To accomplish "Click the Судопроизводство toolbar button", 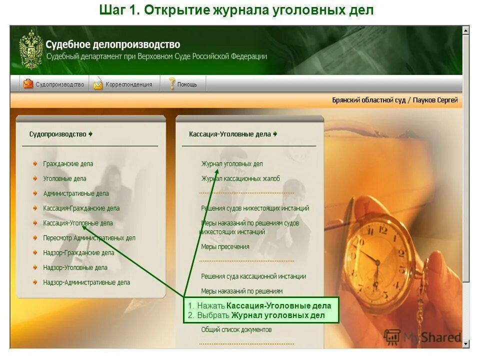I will click(x=54, y=84).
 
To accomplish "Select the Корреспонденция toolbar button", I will click(x=123, y=84).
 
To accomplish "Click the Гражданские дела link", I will click(x=68, y=164).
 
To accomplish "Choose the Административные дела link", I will click(x=75, y=193).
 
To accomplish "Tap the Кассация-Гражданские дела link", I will click(x=81, y=208).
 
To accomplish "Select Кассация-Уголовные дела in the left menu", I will click(x=77, y=223).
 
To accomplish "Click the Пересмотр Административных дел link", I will click(x=89, y=238).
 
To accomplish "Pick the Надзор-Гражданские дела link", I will click(x=78, y=253).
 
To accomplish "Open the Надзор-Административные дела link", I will click(x=86, y=282).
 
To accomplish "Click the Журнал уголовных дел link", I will click(x=231, y=164).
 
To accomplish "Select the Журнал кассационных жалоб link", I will click(x=240, y=178).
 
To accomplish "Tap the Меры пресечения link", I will click(x=225, y=246).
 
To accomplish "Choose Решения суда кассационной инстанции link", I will click(x=253, y=276).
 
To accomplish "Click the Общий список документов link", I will click(x=236, y=329).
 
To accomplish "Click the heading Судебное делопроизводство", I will click(x=112, y=45).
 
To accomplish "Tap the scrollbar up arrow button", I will click(x=466, y=30).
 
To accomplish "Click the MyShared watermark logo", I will click(x=422, y=336).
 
